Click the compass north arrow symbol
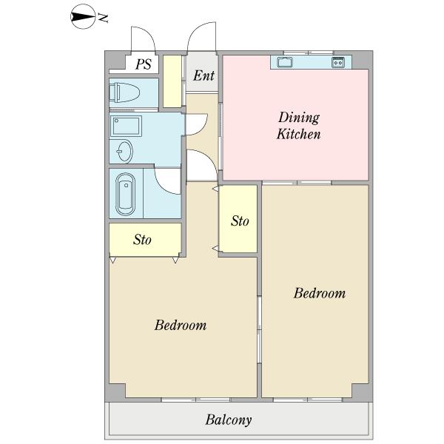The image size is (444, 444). coord(83,17)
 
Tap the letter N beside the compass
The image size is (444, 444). coord(103,18)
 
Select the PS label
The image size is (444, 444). coord(144,64)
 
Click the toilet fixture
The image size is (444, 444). coord(124,92)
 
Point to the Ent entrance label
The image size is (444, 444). coord(204,75)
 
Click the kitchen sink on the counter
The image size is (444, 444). coord(285,62)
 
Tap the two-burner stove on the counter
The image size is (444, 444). coord(338,62)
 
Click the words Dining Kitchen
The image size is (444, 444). coord(299,126)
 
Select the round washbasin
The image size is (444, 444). coord(124,151)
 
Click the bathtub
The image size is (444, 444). coord(126,194)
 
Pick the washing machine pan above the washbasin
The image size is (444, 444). coord(127,126)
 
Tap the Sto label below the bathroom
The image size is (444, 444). coord(142,240)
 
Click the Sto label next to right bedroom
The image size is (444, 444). coord(240,221)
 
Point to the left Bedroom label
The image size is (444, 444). coord(181,325)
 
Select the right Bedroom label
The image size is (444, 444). coord(320,293)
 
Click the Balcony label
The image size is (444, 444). coord(229,420)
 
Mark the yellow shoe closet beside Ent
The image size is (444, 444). coord(172,81)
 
